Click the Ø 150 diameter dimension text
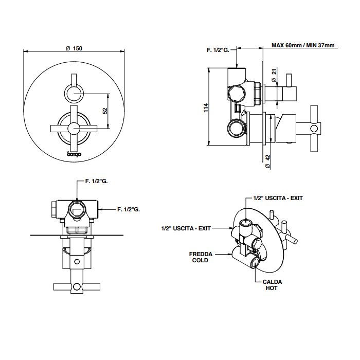(x=75, y=48)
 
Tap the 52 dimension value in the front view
(x=104, y=110)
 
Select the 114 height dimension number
(x=205, y=107)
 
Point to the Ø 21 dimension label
(x=274, y=76)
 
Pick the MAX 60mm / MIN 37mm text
(x=303, y=46)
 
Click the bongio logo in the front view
(x=75, y=153)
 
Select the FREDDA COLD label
(x=199, y=257)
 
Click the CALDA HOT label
(x=272, y=285)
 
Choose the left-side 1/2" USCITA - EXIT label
(x=186, y=227)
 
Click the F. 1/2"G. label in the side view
(x=218, y=49)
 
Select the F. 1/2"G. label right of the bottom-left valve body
(x=129, y=209)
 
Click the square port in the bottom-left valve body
(x=76, y=209)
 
